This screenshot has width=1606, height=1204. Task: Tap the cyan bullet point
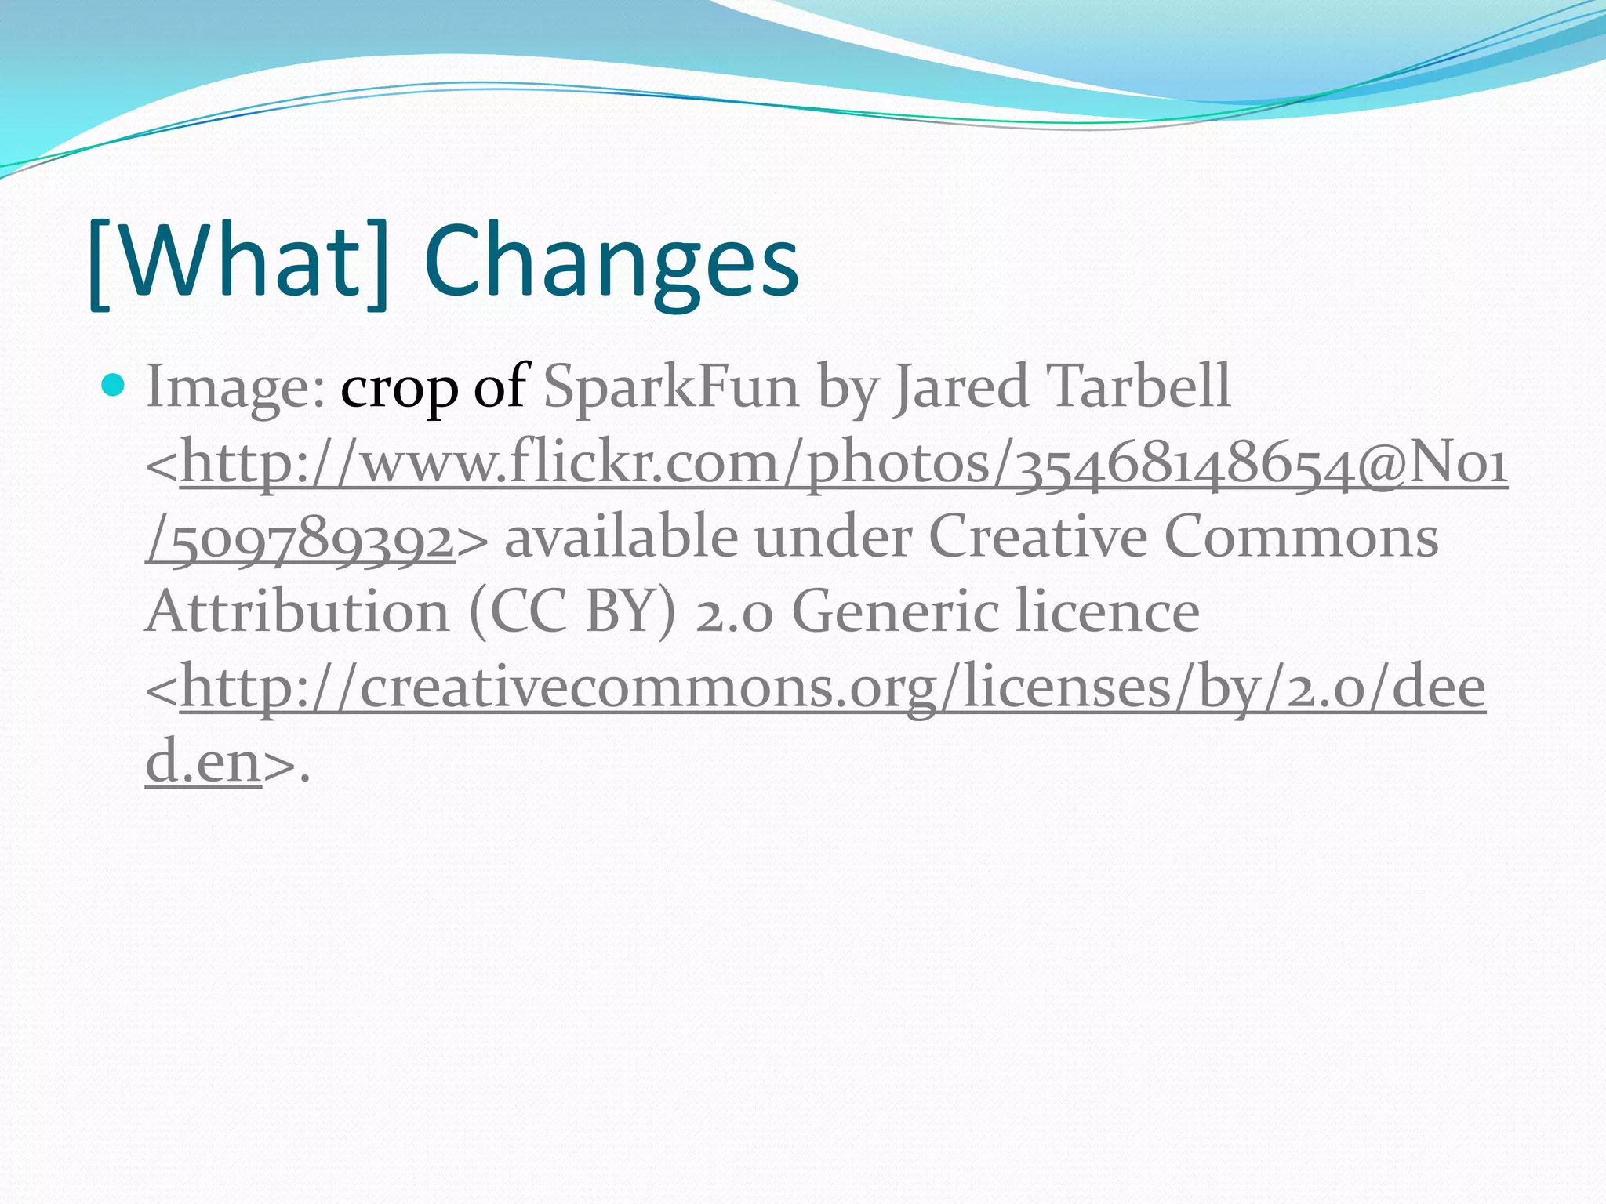pos(114,385)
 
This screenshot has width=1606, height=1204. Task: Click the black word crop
pos(398,388)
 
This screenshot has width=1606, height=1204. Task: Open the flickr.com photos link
pos(843,463)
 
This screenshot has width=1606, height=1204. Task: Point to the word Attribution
pos(297,612)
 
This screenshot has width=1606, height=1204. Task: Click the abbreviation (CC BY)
pos(572,612)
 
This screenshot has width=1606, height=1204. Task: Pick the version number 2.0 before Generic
pos(734,612)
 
